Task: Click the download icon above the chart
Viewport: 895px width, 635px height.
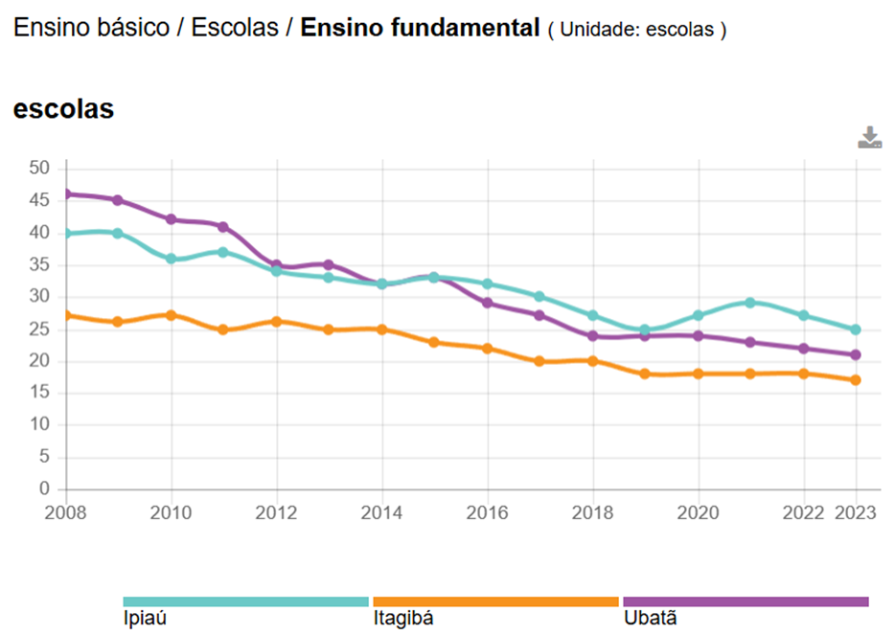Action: pyautogui.click(x=869, y=138)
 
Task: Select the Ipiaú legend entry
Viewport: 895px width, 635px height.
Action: pyautogui.click(x=245, y=601)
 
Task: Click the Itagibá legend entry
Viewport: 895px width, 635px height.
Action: pyautogui.click(x=495, y=601)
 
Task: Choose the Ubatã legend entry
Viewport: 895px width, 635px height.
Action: pyautogui.click(x=746, y=601)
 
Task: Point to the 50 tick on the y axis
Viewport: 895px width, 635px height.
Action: pyautogui.click(x=38, y=169)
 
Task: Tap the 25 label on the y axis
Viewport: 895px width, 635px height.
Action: pyautogui.click(x=38, y=329)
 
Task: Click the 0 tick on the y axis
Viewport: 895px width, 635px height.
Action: pyautogui.click(x=43, y=489)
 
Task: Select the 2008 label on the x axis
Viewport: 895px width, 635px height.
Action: pyautogui.click(x=65, y=512)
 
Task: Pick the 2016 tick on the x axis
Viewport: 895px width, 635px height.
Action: pyautogui.click(x=488, y=512)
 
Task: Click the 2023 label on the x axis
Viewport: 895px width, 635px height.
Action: pyautogui.click(x=855, y=512)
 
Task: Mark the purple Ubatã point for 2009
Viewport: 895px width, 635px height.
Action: pyautogui.click(x=118, y=200)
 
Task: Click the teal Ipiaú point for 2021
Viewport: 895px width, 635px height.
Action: pyautogui.click(x=750, y=303)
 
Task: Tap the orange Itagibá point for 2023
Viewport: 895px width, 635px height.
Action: pyautogui.click(x=856, y=380)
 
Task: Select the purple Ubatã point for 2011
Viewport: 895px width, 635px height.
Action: pyautogui.click(x=223, y=227)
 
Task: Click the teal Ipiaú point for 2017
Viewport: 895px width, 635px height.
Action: pyautogui.click(x=539, y=297)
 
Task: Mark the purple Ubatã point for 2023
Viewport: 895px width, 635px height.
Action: pyautogui.click(x=856, y=354)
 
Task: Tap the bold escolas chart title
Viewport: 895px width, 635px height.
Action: pyautogui.click(x=63, y=109)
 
